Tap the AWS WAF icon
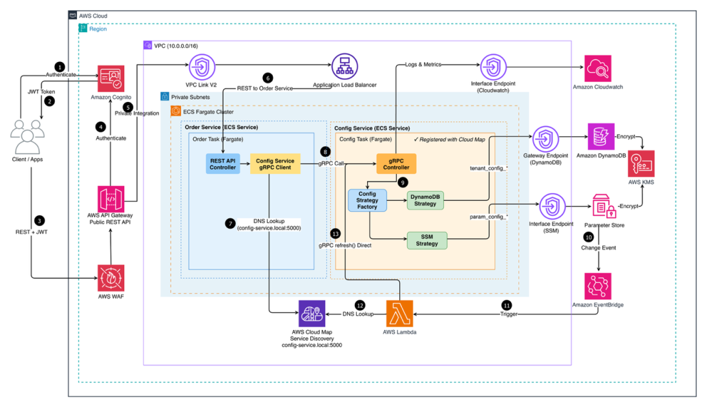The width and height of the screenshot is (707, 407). click(x=110, y=278)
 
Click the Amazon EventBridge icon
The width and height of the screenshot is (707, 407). click(x=598, y=286)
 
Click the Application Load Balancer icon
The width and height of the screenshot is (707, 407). click(x=345, y=67)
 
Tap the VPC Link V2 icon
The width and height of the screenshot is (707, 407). click(x=200, y=67)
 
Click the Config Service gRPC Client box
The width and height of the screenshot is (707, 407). click(x=275, y=165)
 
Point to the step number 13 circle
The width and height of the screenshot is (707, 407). click(x=334, y=233)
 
